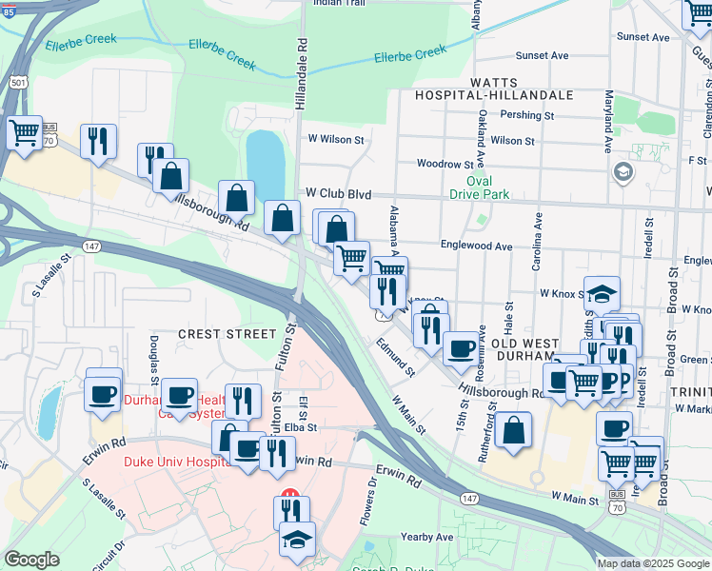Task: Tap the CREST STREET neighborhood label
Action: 226,334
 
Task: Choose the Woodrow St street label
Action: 445,165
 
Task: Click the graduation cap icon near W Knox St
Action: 603,293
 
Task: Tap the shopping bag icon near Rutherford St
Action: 513,429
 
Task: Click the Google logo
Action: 32,560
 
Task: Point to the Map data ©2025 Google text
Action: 652,563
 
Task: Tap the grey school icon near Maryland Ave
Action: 623,172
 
